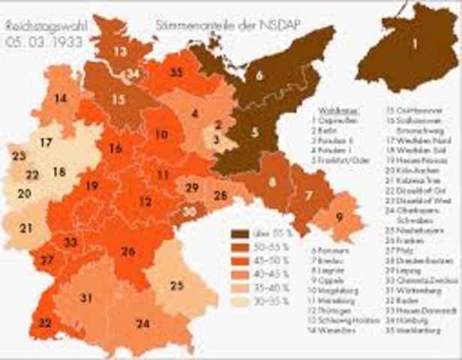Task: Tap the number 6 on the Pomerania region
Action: click(x=259, y=75)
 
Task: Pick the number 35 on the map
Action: click(x=176, y=73)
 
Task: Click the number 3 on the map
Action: click(x=215, y=138)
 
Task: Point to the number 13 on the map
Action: click(x=120, y=52)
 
